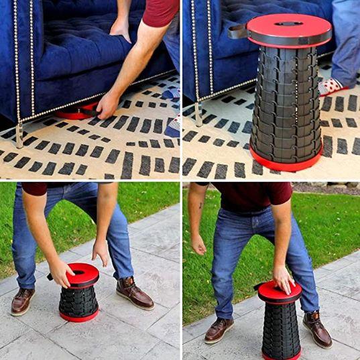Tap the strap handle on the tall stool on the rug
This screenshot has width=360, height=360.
point(237,30)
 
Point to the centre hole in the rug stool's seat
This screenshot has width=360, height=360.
point(288,23)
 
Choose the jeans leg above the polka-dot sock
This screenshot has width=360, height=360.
point(346,40)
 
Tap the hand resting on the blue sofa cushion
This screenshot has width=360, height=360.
point(121,27)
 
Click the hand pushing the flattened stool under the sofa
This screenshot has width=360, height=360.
point(107,105)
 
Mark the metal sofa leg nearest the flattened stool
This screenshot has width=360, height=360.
point(19,135)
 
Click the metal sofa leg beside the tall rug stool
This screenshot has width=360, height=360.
point(198,114)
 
